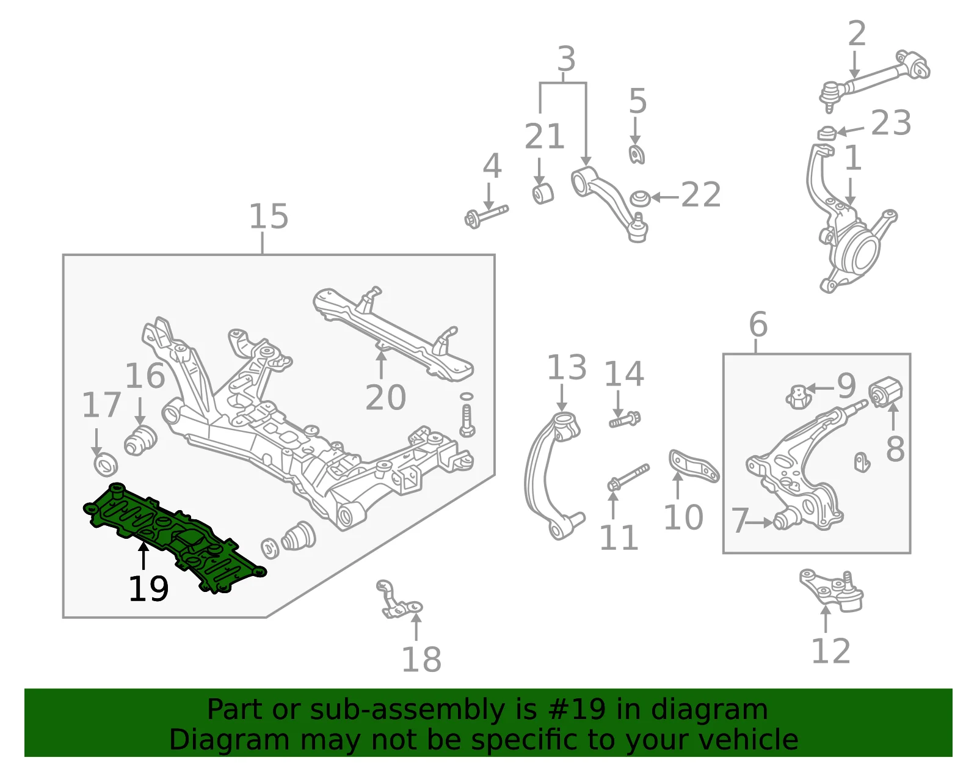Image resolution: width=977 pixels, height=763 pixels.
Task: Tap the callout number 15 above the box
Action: pos(269,216)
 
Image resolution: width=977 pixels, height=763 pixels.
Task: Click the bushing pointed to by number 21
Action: pos(543,193)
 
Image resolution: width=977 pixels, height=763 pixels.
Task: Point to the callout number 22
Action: pos(701,195)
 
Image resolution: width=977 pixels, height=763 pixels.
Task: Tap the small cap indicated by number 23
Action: pos(826,134)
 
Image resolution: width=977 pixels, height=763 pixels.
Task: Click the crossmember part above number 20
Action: pos(392,333)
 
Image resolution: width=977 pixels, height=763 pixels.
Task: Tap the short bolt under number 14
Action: pos(625,420)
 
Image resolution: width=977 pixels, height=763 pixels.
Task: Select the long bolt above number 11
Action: pos(628,478)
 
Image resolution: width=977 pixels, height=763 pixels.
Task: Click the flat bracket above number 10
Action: pos(693,466)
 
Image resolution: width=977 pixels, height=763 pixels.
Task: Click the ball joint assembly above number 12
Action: pos(832,590)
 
